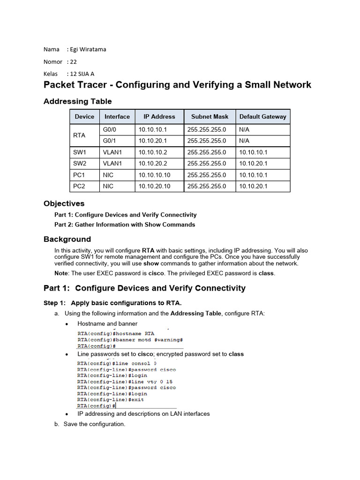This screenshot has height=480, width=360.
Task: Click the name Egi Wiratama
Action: (87, 49)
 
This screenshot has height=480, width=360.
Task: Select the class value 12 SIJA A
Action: (81, 74)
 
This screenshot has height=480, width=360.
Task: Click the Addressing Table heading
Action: (77, 101)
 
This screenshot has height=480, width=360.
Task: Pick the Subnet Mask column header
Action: (210, 117)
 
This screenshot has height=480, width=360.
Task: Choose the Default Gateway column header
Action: (262, 117)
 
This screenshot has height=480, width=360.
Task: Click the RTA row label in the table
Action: (80, 135)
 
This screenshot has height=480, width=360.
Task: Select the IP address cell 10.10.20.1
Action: (152, 141)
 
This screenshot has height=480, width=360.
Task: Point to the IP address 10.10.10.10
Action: (154, 175)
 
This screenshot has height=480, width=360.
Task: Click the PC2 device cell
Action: (80, 186)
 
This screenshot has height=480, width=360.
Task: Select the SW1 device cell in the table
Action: (80, 152)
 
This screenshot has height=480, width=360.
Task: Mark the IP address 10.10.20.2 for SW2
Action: (152, 164)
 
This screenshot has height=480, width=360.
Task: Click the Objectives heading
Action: (64, 203)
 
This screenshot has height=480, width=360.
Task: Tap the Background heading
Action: (67, 239)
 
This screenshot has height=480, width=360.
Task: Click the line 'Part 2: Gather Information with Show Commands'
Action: (125, 225)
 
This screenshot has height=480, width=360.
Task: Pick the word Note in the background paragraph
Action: (61, 273)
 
